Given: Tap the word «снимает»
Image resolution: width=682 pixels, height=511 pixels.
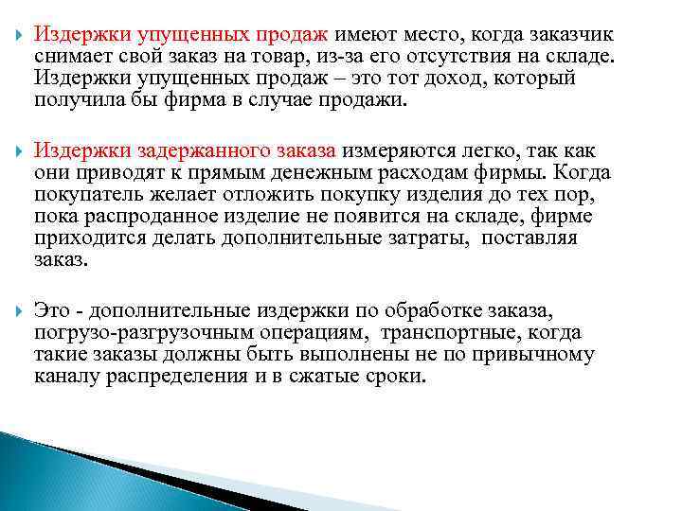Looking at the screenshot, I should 71,56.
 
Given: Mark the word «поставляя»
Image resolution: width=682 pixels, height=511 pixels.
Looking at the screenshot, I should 529,238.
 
